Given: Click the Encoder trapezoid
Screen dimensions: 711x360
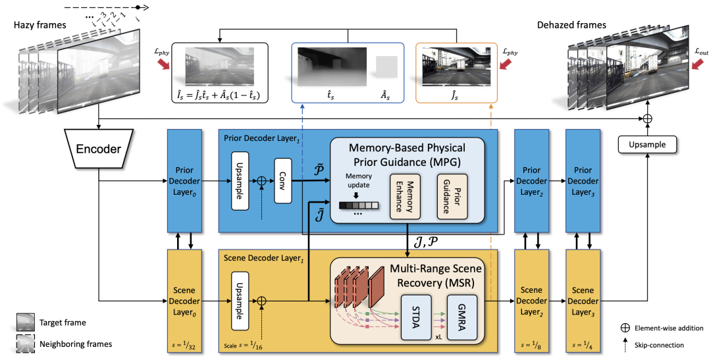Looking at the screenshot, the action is click(x=98, y=149).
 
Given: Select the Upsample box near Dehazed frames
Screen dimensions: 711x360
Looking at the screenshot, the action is click(x=647, y=145).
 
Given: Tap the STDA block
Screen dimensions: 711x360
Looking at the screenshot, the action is click(x=416, y=318).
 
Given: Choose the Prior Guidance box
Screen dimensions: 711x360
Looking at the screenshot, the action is click(x=452, y=196).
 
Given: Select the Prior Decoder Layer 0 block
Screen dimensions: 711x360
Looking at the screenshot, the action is click(x=184, y=181).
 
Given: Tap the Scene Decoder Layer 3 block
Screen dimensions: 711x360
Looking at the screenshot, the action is click(x=583, y=301).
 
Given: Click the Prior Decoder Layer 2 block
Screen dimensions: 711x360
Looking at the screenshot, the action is click(x=531, y=181).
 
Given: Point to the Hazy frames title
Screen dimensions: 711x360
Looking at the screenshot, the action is click(x=40, y=26).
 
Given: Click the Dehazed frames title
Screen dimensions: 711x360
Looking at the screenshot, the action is click(x=572, y=25).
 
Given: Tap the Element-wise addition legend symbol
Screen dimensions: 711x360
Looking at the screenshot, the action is click(x=625, y=328).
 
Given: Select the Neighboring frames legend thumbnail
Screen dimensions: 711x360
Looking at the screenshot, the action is click(x=25, y=344).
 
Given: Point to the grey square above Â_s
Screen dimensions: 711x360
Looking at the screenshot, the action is click(x=386, y=66).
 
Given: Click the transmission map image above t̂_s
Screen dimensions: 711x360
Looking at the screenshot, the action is click(x=332, y=66).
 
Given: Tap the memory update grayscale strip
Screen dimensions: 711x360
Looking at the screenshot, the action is click(x=358, y=205).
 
